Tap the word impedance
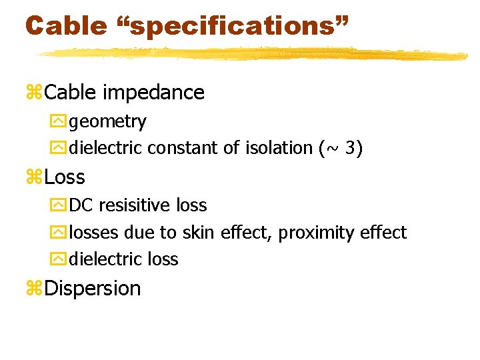click(x=153, y=92)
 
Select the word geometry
click(x=107, y=122)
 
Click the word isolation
click(x=274, y=147)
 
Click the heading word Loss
click(x=65, y=177)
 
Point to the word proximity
click(x=316, y=233)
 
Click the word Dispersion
click(x=93, y=289)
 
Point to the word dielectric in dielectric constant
click(x=106, y=147)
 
